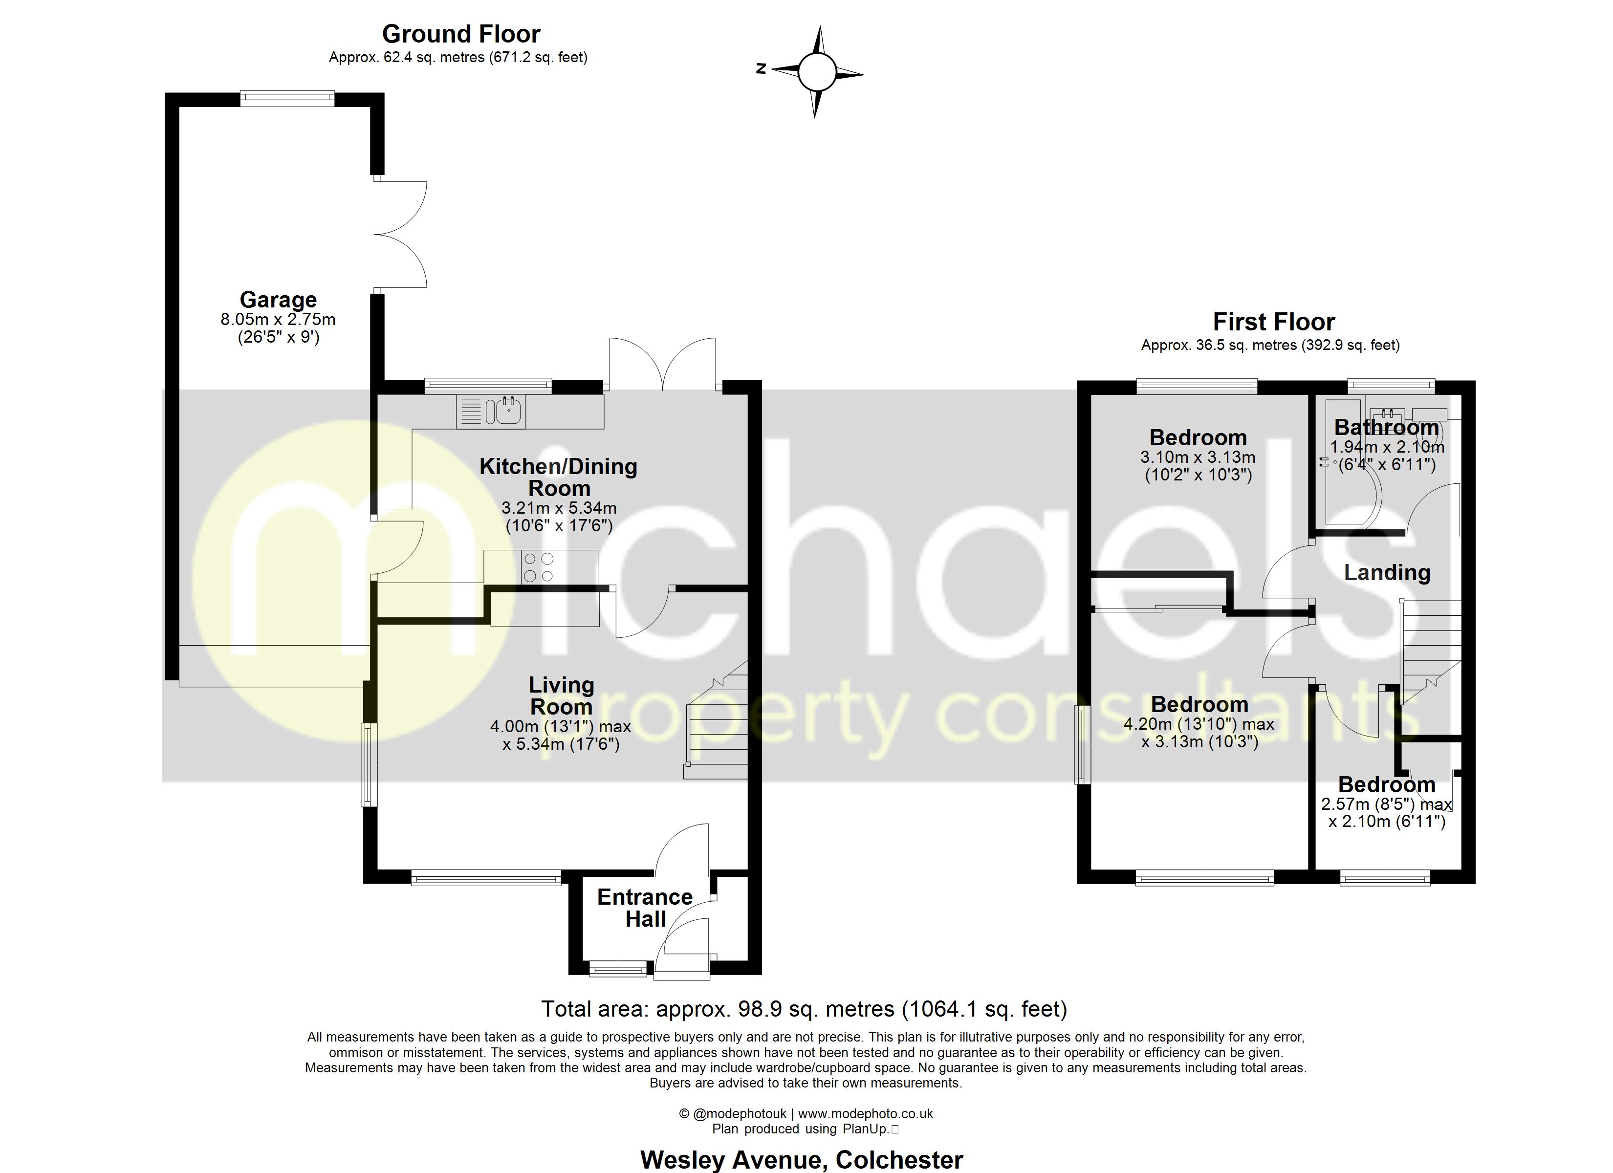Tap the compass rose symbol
[816, 72]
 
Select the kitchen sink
[509, 411]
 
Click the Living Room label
[561, 695]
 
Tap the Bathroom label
[1386, 428]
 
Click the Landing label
[1387, 573]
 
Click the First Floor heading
[1273, 322]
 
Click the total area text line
[804, 1009]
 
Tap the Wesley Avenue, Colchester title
[802, 1159]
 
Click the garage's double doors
[400, 234]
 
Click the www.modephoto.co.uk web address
[866, 1114]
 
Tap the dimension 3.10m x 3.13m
[1198, 457]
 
